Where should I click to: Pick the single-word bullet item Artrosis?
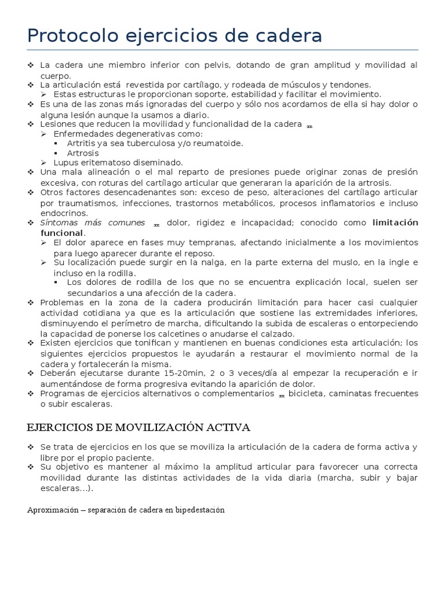point(83,153)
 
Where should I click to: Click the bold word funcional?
point(61,233)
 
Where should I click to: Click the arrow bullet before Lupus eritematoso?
point(44,163)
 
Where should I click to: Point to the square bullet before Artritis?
point(56,143)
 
